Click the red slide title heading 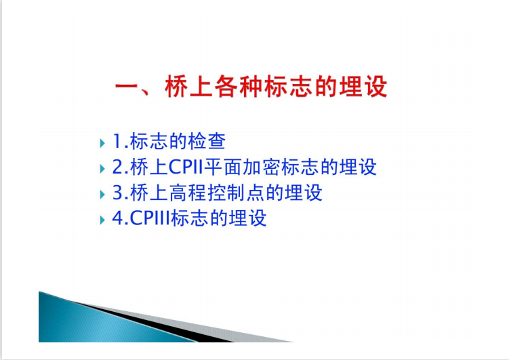(251, 86)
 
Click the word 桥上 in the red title (189, 86)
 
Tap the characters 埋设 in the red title (363, 86)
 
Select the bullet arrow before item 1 (102, 143)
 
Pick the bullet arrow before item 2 (102, 169)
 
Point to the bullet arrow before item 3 (102, 194)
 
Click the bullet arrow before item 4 (102, 220)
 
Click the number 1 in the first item (117, 142)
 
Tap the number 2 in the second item (117, 167)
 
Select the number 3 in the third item (117, 193)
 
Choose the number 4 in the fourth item (117, 218)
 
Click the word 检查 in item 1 (207, 141)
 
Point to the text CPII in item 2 (186, 167)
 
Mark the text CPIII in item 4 (150, 218)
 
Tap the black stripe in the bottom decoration (156, 321)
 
